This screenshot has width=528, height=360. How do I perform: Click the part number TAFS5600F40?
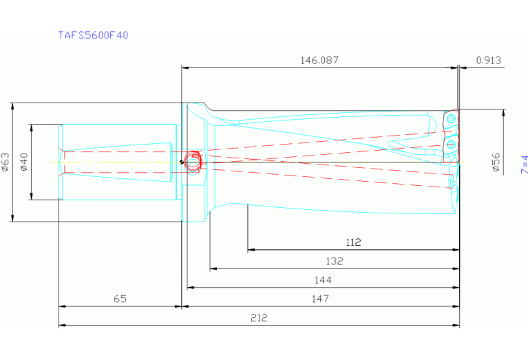click(x=93, y=35)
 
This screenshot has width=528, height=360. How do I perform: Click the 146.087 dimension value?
click(x=319, y=61)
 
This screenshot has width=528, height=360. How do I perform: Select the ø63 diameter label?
click(x=5, y=162)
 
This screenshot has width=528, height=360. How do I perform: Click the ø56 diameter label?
click(x=495, y=162)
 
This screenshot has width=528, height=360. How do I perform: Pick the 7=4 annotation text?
click(x=523, y=165)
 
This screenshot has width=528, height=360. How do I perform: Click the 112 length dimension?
click(x=353, y=242)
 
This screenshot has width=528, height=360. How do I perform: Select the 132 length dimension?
click(x=334, y=261)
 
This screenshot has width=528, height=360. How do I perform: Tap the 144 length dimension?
click(x=322, y=279)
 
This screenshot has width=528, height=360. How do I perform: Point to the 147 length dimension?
click(x=320, y=298)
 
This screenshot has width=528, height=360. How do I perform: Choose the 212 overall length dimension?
click(x=259, y=317)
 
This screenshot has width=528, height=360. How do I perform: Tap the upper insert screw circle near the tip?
click(x=450, y=119)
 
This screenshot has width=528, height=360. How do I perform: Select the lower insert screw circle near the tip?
click(x=450, y=144)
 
